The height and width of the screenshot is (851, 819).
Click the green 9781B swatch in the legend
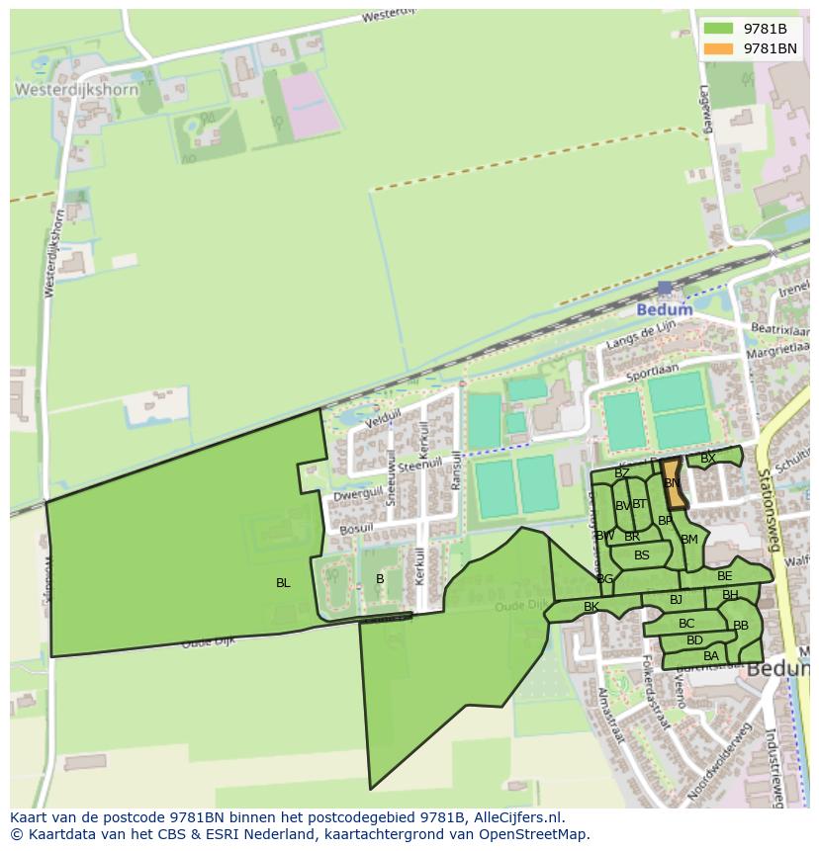718,29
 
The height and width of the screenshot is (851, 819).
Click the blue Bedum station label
664,309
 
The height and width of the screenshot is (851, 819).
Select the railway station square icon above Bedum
665,289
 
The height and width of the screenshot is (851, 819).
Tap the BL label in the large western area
283,583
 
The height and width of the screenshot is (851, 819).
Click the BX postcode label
707,459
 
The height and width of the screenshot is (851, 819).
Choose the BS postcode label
642,555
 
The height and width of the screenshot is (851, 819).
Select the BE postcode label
725,576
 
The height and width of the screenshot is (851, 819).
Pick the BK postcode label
591,607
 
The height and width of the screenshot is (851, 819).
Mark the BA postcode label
711,656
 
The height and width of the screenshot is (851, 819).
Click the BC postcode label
686,624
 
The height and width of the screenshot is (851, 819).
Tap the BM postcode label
689,539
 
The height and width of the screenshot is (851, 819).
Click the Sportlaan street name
653,374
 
